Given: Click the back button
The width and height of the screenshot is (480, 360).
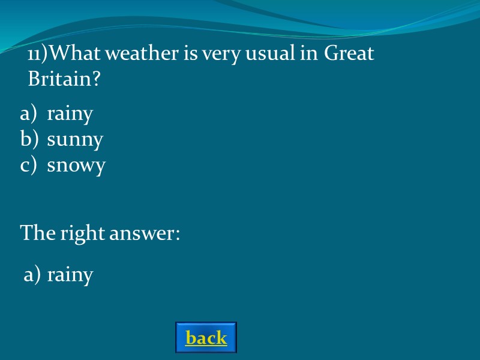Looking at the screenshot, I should pos(206,338).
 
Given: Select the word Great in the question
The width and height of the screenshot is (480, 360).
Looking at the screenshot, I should pos(349,54).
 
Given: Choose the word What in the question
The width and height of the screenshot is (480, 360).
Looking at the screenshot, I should pos(71,54).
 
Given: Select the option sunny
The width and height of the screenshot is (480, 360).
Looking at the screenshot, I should pos(75,140).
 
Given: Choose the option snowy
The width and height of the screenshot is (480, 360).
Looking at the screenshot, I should pos(76,165).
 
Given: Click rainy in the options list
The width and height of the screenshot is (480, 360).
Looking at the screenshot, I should pos(70,114).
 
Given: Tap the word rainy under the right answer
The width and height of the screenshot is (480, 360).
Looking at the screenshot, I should pos(70,275).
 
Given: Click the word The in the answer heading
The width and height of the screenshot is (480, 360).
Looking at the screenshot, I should pos(38,232).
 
